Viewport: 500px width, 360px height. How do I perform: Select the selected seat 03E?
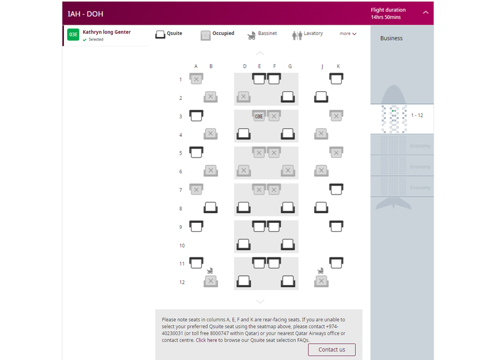click(259, 116)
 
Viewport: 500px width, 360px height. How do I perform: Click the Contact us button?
click(332, 350)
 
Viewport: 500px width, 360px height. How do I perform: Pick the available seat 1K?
click(336, 79)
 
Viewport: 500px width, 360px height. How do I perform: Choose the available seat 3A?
click(196, 115)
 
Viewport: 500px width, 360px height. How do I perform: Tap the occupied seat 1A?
click(196, 79)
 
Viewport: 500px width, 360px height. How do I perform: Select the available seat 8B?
click(211, 208)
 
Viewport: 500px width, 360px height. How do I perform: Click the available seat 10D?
click(244, 245)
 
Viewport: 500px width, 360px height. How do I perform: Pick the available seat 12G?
click(288, 281)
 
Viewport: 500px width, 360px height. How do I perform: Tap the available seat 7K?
click(336, 189)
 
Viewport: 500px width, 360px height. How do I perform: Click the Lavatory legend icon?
click(296, 35)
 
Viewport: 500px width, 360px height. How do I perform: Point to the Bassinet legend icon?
click(251, 35)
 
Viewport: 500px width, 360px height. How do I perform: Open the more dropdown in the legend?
click(348, 34)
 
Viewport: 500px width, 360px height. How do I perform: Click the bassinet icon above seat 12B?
click(210, 271)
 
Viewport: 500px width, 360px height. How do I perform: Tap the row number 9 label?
click(181, 227)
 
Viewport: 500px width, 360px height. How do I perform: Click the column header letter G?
click(290, 66)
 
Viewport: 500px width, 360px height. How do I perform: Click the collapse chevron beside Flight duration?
click(426, 13)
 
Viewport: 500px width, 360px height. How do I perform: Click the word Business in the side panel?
click(391, 38)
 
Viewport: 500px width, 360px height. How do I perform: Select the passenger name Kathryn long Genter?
click(106, 32)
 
